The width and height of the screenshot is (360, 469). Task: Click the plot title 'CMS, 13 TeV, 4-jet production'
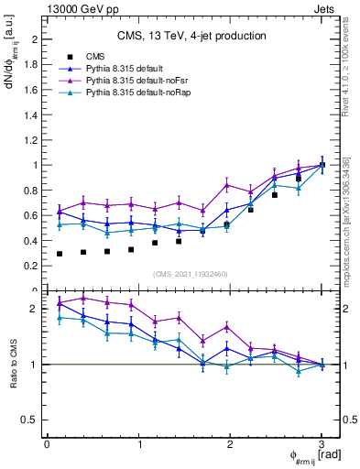[191, 37]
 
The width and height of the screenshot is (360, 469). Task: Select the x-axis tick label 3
[322, 444]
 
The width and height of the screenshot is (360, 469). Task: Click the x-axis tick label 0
[47, 444]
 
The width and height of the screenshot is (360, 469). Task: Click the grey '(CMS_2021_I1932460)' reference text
[191, 272]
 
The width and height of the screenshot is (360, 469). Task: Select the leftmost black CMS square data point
[60, 254]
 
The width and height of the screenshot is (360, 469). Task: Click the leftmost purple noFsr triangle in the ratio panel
[60, 303]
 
